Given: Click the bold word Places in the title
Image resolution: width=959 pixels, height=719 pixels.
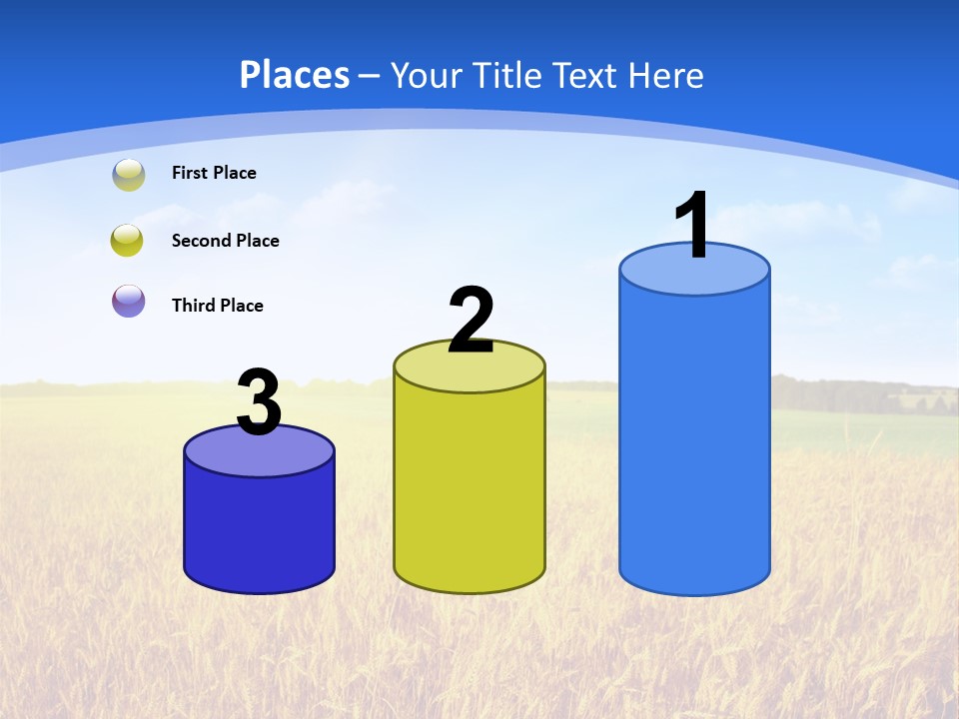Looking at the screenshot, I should pos(294,75).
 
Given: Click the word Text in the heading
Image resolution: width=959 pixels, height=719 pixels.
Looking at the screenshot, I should pos(584,75).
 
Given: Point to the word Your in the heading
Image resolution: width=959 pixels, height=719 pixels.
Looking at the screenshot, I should pos(425,75).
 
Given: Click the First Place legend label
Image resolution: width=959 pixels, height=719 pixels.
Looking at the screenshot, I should pos(214,173).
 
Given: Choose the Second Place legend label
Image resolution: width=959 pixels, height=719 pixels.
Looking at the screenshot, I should pos(225,241).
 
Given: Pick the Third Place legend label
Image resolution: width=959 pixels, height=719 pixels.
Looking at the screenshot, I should pos(217,306).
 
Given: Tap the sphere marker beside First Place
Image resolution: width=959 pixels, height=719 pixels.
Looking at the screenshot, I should pos(128,175).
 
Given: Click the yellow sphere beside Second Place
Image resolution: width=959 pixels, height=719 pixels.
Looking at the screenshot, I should pos(128,241).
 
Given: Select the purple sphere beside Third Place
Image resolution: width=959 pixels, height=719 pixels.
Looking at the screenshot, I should pos(128,301).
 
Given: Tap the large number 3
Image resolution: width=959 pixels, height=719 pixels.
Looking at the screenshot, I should pos(259,402).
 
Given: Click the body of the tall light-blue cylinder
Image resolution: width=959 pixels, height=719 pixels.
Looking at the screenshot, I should pos(694,439).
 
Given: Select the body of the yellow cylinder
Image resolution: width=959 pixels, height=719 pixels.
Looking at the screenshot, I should pos(470,489).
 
